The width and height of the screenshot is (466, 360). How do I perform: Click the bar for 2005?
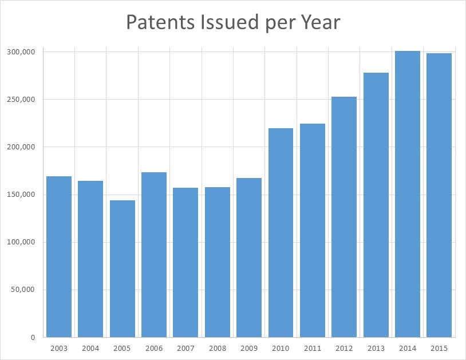pyautogui.click(x=123, y=268)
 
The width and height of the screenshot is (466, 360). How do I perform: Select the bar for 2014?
pyautogui.click(x=408, y=194)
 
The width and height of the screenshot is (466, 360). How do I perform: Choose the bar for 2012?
pyautogui.click(x=344, y=217)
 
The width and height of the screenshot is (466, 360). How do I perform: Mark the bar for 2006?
pyautogui.click(x=154, y=255)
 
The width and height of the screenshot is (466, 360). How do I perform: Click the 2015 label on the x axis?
pyautogui.click(x=439, y=348)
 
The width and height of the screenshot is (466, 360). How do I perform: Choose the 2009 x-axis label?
pyautogui.click(x=249, y=348)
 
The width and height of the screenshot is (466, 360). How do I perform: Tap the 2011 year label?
pyautogui.click(x=313, y=348)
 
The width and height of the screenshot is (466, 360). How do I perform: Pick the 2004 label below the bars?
pyautogui.click(x=90, y=348)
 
